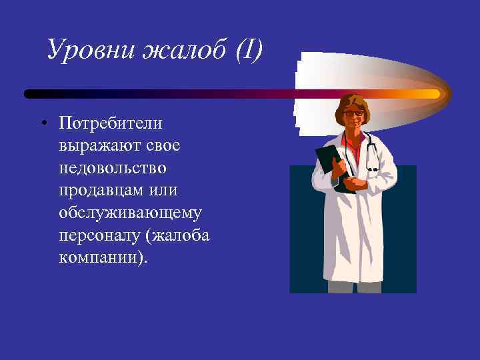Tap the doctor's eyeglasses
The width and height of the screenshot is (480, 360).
click(354, 113)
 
